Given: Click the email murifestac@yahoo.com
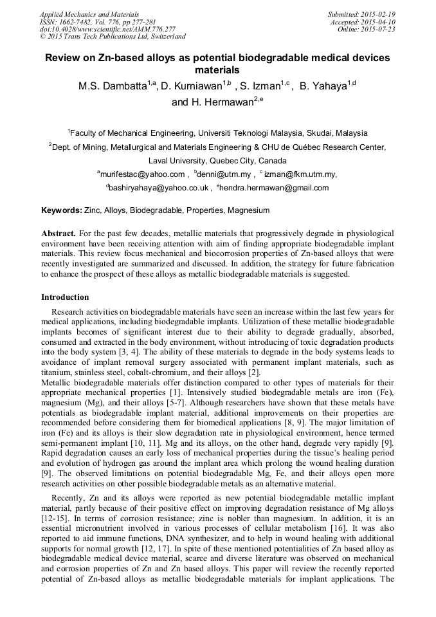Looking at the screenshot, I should [x=142, y=174].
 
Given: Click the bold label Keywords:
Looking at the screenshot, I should [x=62, y=210].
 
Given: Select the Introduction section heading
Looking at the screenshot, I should [x=65, y=297].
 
